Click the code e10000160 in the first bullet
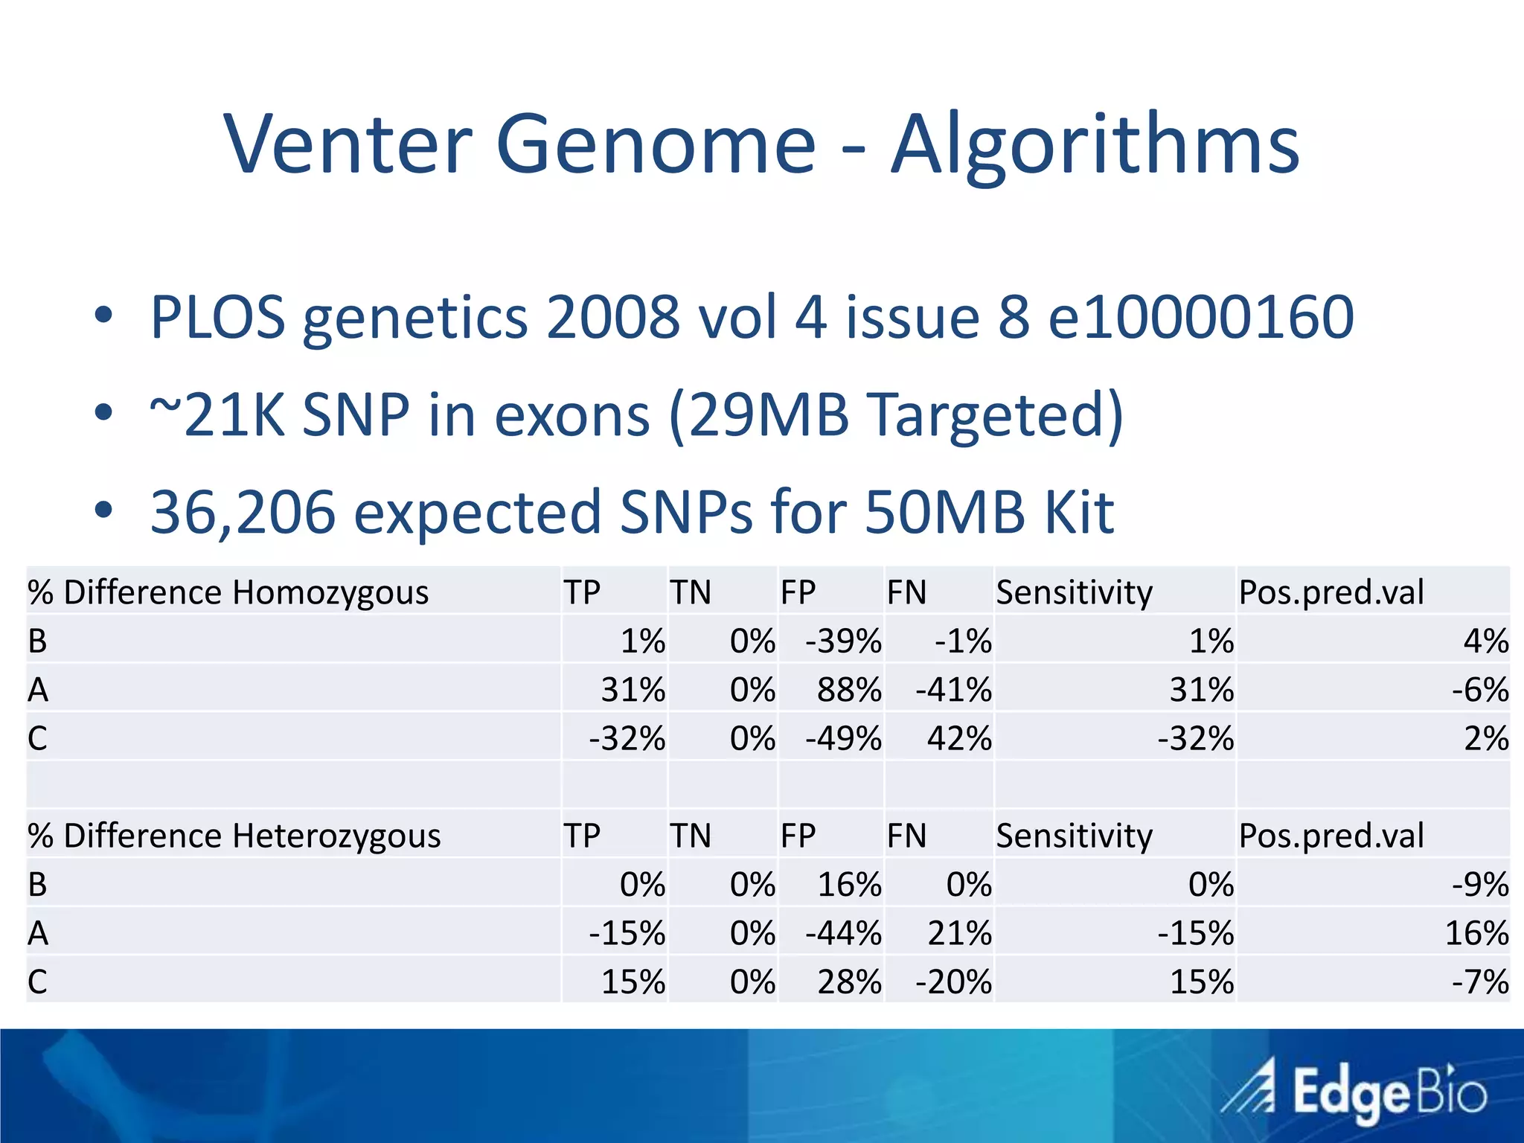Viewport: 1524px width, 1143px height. point(1200,317)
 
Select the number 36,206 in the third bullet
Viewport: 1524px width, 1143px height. point(243,512)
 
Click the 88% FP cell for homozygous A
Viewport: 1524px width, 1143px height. point(849,689)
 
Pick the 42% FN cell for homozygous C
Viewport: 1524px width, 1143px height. point(958,738)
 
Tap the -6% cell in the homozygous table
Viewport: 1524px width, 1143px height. point(1479,689)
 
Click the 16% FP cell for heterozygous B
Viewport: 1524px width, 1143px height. point(849,884)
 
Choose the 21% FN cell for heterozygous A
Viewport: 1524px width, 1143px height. point(958,933)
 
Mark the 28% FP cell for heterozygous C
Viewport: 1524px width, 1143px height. point(849,982)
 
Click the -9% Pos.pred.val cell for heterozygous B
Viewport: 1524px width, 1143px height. point(1479,884)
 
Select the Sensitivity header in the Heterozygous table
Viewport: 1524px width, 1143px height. point(1074,836)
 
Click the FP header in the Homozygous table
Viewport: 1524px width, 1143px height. point(798,592)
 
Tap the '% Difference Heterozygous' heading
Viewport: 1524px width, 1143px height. point(234,836)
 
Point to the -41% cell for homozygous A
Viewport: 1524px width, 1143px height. point(953,689)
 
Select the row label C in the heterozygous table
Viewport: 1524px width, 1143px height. point(37,982)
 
